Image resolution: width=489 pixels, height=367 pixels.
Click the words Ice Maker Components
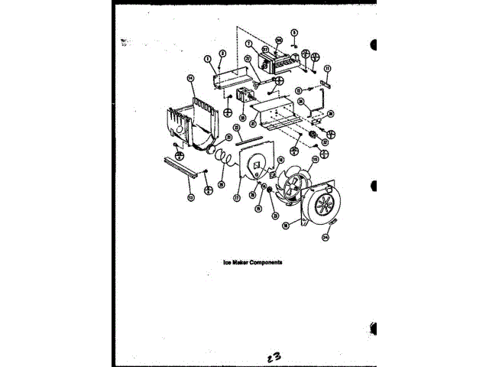click(253, 262)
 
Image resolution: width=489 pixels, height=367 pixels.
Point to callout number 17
click(238, 196)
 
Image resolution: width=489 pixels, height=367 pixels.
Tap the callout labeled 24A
click(325, 238)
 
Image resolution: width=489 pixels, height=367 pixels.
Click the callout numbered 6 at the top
click(294, 33)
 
